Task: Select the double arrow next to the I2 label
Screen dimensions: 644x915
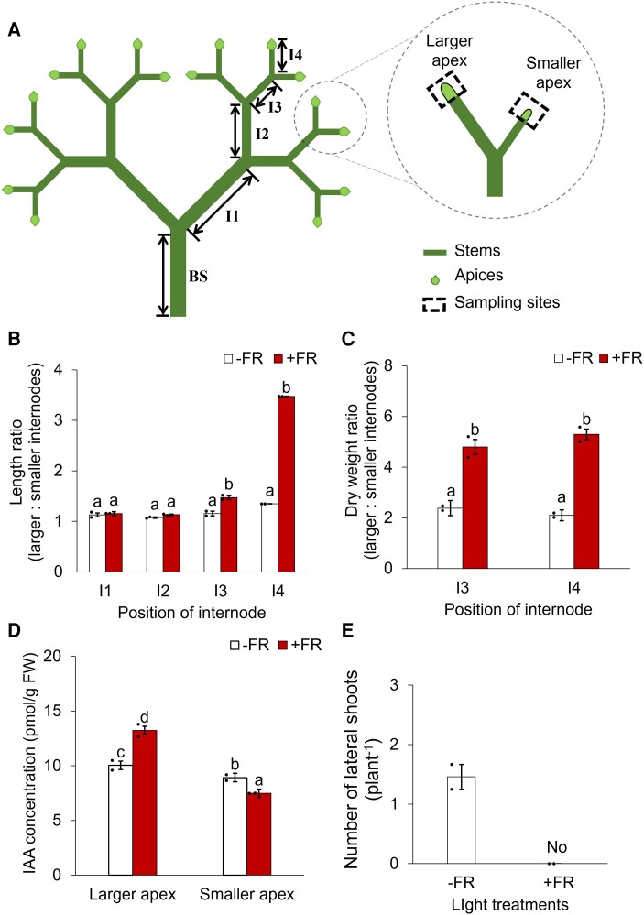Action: coord(235,132)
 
